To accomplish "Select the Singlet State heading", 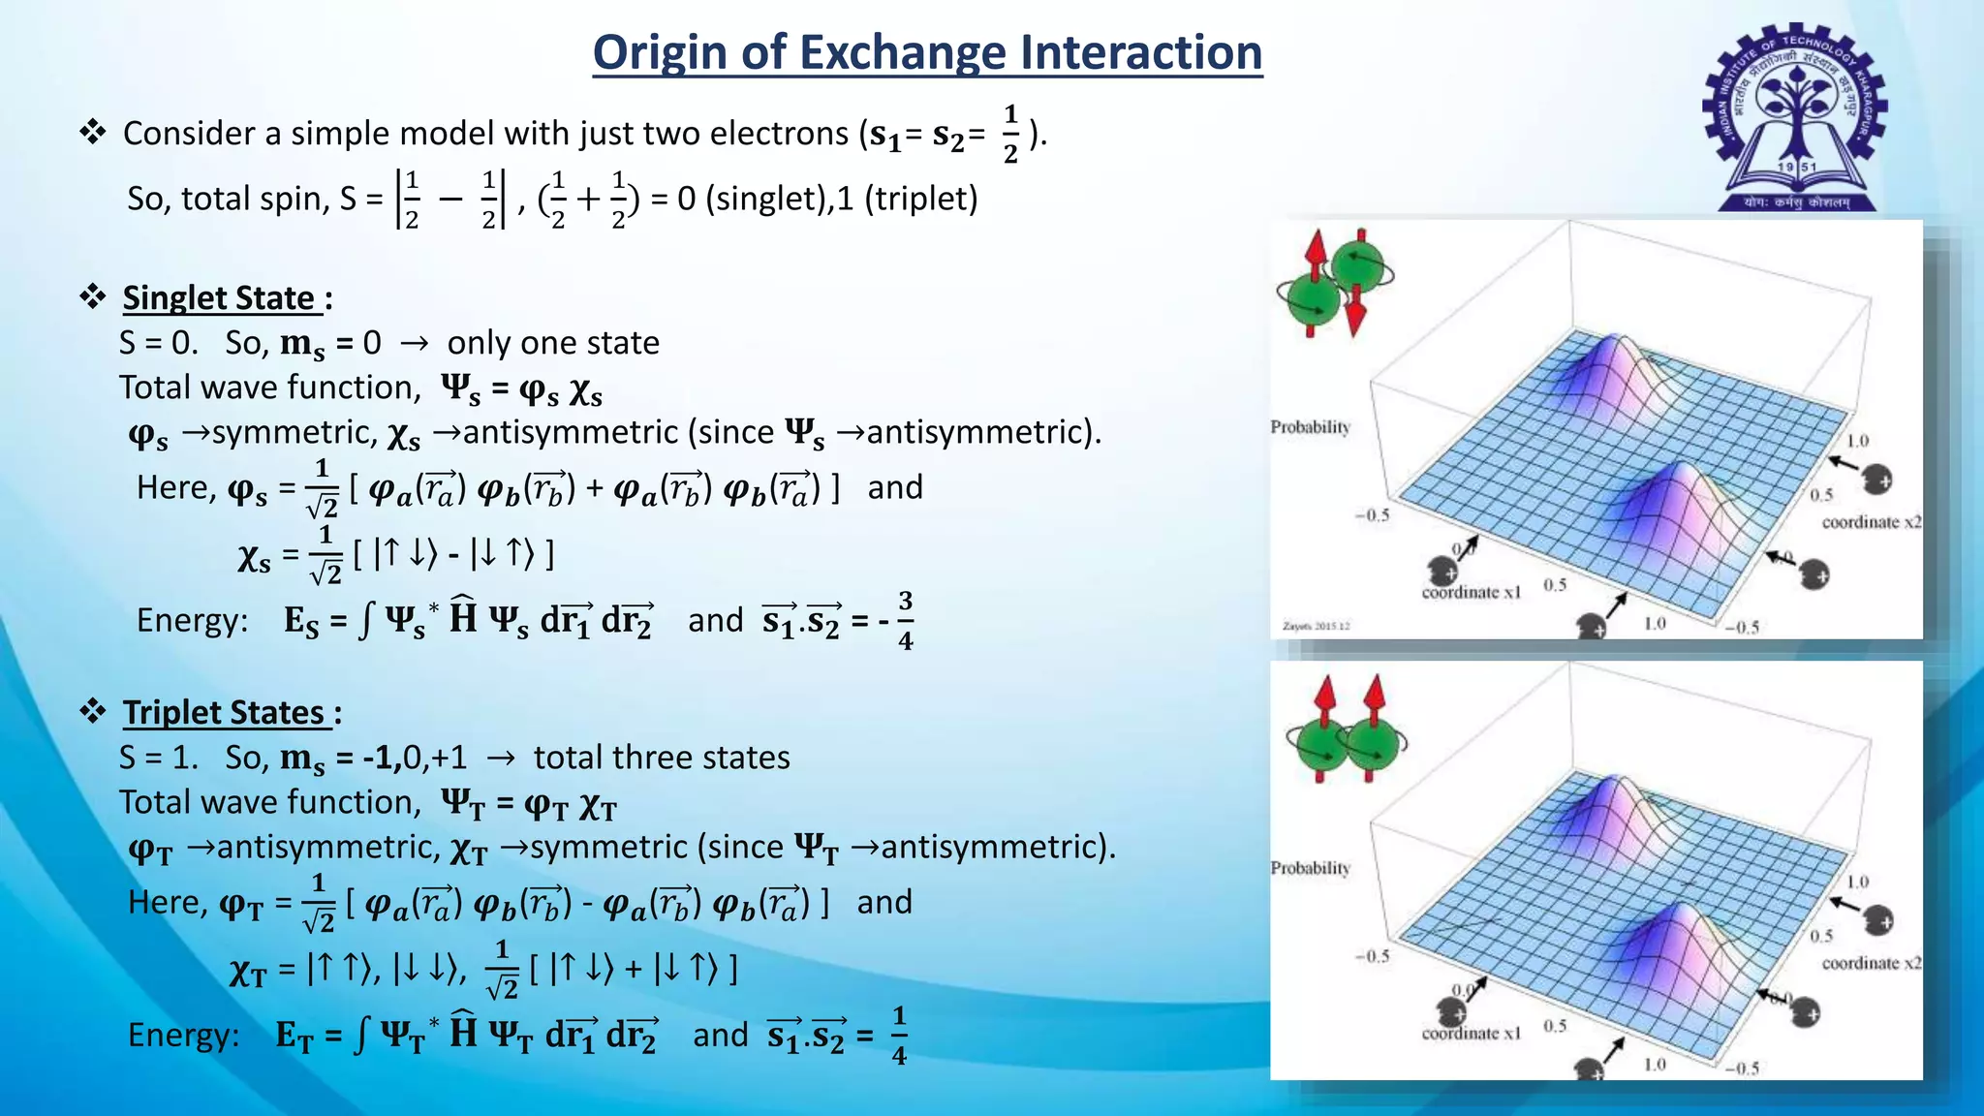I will tap(219, 297).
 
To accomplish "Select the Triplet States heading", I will tap(224, 712).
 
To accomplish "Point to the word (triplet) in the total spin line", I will tap(920, 199).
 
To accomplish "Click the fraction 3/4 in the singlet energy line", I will tap(905, 620).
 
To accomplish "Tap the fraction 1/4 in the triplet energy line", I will tap(899, 1036).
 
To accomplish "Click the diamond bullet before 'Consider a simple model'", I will tap(93, 132).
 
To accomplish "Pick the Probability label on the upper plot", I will tap(1310, 427).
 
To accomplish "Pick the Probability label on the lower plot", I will tap(1310, 868).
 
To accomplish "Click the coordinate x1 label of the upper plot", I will tap(1471, 592).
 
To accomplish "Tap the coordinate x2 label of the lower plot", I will tap(1871, 963).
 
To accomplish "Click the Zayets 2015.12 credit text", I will tap(1317, 626).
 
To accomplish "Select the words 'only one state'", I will tap(552, 343).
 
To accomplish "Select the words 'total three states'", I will tap(661, 758).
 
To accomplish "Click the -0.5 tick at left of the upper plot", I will tap(1372, 514).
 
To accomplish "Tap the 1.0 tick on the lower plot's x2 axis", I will tap(1857, 882).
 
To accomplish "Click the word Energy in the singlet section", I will tap(192, 620).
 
